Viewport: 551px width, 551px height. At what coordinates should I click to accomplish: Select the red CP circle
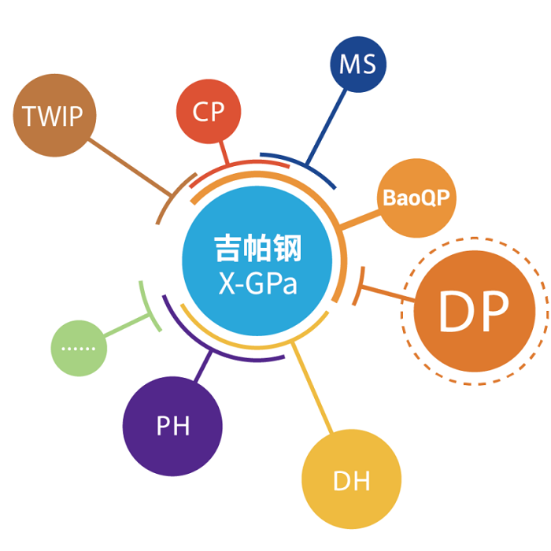coord(209,112)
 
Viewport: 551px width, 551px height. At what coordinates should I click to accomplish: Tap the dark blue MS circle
coord(357,65)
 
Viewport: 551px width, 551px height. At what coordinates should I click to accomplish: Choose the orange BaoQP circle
coord(416,198)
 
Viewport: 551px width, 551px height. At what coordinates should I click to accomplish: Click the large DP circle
coord(473,312)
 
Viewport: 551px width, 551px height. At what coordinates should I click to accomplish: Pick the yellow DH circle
coord(351,479)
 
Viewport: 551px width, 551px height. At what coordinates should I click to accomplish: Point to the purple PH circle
coord(172,426)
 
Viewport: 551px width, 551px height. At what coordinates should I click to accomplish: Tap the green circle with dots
coord(79,347)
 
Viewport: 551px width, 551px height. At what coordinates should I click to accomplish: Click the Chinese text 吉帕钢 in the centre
coord(258,250)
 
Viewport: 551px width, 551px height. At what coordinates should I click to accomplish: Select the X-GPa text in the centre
coord(258,283)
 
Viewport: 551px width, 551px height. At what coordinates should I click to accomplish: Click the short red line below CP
coord(224,152)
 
